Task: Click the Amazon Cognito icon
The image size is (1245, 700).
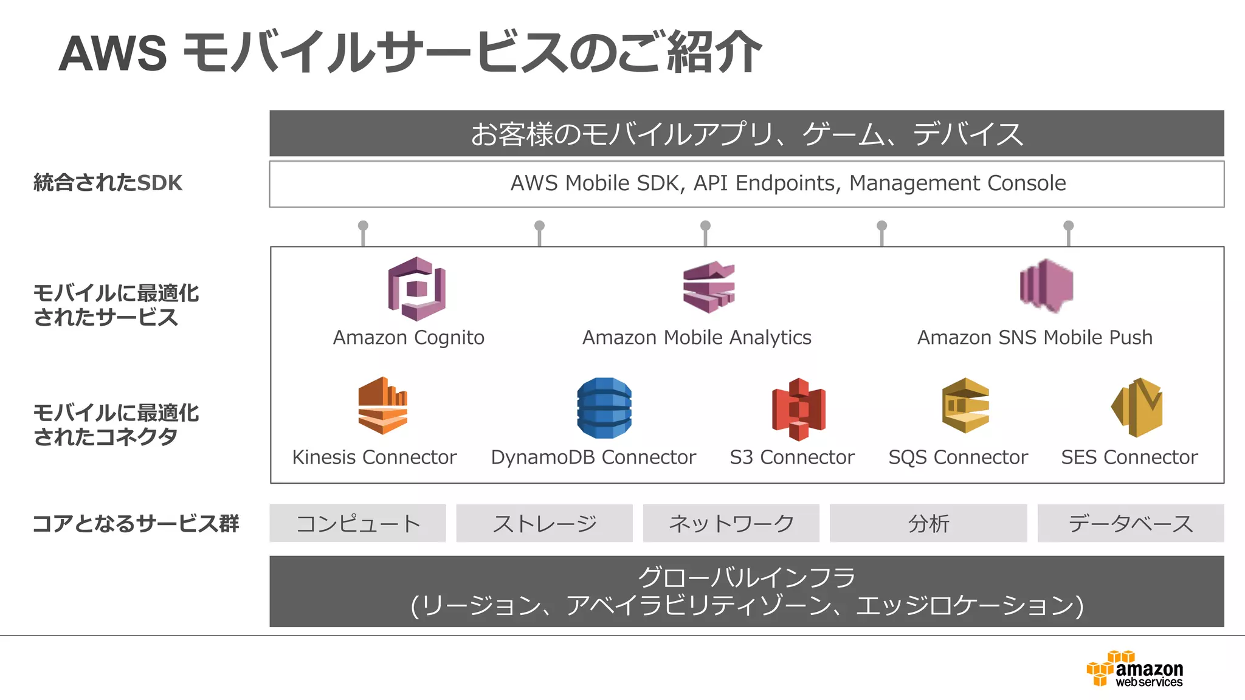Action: click(416, 289)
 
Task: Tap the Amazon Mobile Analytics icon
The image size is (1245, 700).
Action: click(708, 287)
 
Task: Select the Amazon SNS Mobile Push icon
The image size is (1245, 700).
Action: click(1046, 286)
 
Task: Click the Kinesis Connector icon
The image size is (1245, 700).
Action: click(382, 405)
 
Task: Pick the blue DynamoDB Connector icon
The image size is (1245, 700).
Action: click(604, 408)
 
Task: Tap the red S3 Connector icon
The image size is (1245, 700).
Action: click(798, 408)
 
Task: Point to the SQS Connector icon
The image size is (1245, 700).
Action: click(965, 405)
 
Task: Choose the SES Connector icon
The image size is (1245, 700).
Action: click(1137, 407)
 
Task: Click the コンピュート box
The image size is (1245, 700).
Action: click(357, 523)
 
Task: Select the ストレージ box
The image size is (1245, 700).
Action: click(544, 523)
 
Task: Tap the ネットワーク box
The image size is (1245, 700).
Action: click(731, 523)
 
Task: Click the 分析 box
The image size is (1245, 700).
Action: click(928, 523)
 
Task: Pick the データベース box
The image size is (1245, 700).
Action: click(1130, 523)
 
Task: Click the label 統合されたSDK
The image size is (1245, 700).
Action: click(108, 183)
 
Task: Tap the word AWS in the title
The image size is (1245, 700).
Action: click(113, 53)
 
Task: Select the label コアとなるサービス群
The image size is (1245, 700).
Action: click(136, 523)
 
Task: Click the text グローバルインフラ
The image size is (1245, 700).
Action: click(746, 577)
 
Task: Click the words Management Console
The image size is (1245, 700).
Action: click(957, 183)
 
